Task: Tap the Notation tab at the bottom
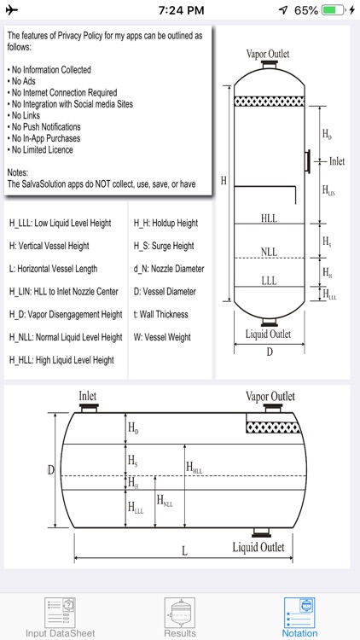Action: (299, 617)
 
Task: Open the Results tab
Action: (179, 617)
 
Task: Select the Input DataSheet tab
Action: (60, 617)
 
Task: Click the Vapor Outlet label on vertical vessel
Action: (267, 53)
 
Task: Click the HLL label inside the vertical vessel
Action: (269, 218)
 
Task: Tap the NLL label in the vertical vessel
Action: (269, 253)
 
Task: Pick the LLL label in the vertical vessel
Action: (269, 280)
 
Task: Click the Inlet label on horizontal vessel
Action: (89, 396)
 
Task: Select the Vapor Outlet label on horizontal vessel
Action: (270, 396)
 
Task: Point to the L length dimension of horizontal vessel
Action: (184, 551)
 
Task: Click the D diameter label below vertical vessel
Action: (269, 352)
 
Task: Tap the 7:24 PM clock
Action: (180, 10)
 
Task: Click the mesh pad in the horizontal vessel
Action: (270, 424)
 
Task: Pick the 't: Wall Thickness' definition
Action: (161, 314)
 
